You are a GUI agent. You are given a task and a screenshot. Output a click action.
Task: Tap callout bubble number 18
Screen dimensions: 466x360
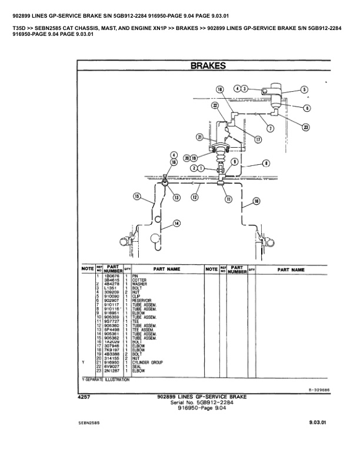(x=219, y=89)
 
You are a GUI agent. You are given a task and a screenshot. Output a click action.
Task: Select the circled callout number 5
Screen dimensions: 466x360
(x=304, y=89)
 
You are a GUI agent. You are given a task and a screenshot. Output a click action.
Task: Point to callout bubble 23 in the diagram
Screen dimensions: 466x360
(x=305, y=127)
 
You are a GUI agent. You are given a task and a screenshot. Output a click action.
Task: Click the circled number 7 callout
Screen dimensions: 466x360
(x=270, y=128)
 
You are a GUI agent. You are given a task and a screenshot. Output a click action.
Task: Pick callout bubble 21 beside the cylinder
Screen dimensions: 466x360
(x=201, y=137)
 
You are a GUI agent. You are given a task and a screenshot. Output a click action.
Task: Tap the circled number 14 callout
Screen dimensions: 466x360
(x=176, y=223)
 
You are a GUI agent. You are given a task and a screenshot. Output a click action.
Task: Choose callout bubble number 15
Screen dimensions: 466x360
(x=137, y=197)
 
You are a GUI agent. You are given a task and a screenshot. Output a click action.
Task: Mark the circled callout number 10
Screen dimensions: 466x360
(x=256, y=201)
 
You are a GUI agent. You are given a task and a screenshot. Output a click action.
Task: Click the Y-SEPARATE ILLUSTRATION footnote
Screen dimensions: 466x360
(x=105, y=380)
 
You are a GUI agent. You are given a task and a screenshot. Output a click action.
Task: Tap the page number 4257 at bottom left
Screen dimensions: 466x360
(x=84, y=398)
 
